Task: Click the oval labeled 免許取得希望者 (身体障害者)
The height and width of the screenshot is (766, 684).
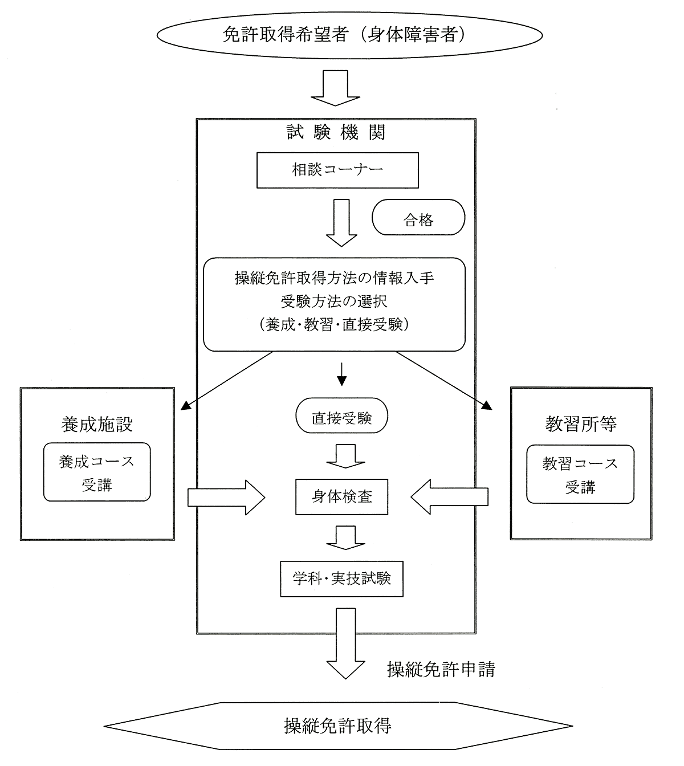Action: (x=342, y=35)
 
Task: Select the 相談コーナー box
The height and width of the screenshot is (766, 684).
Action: (x=337, y=170)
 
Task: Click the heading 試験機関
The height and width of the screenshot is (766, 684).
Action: (x=336, y=132)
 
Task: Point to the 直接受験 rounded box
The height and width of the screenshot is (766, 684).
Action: (x=341, y=417)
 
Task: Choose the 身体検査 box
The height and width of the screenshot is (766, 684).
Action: (x=342, y=496)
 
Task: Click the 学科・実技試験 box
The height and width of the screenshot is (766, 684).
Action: (x=341, y=578)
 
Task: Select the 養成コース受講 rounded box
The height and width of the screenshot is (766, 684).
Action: (x=97, y=472)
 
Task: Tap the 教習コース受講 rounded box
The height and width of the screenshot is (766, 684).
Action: (x=580, y=475)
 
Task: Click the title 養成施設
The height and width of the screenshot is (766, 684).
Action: (x=97, y=424)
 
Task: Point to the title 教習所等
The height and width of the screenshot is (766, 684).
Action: (x=580, y=424)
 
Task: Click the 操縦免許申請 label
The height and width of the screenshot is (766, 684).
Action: (x=441, y=669)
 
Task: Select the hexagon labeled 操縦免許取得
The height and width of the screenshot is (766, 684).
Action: (x=338, y=726)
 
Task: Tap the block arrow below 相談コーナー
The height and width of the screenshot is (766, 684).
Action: (x=341, y=223)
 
